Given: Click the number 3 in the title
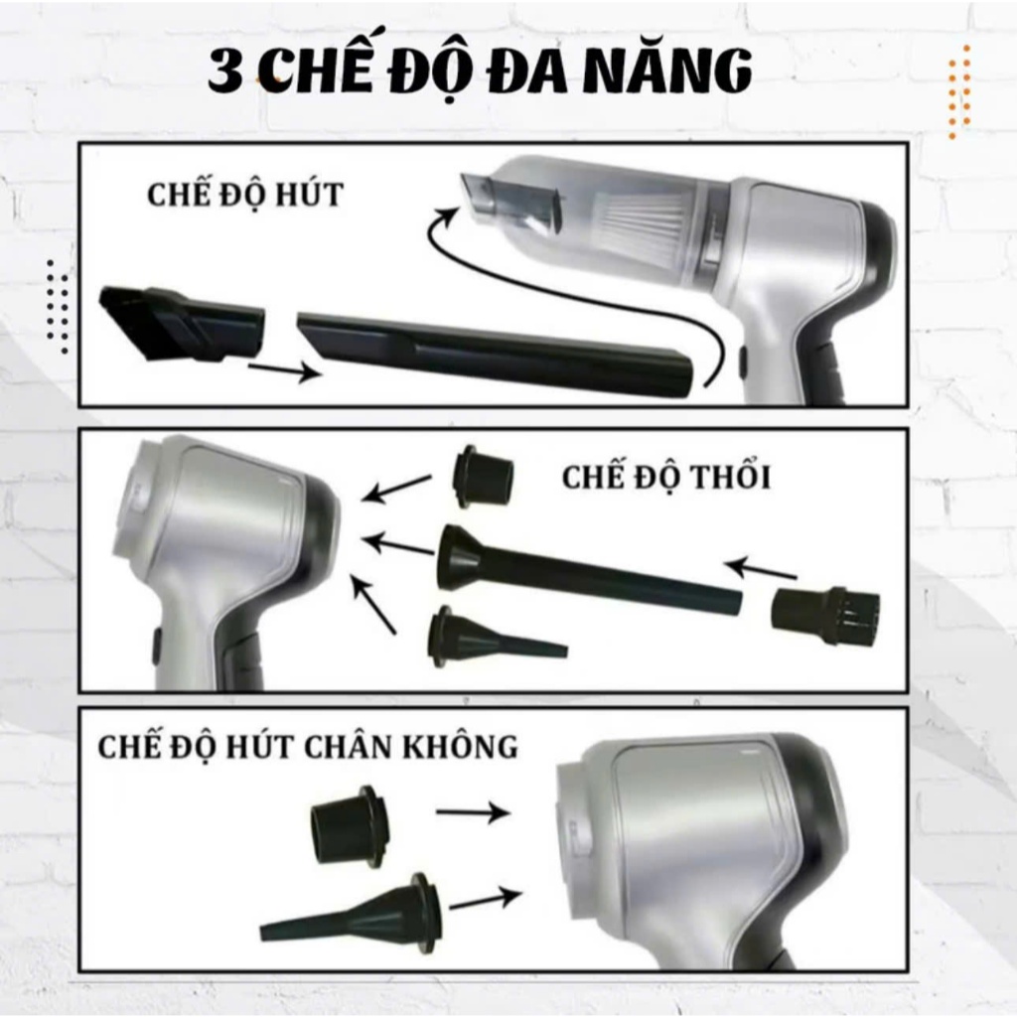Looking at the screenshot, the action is (225, 72).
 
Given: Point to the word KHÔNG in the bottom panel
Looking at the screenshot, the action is (460, 746).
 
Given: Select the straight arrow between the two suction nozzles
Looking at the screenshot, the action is (285, 371).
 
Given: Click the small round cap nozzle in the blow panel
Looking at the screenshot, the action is (483, 476).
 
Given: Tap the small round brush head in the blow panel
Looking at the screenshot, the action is (825, 609).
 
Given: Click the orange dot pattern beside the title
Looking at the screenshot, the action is (959, 92).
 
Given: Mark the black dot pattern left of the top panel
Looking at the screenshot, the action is (58, 308).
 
